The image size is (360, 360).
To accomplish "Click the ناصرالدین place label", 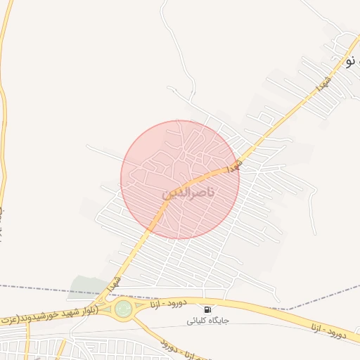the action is pos(188,192).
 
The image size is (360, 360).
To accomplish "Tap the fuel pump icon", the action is pos(207,309).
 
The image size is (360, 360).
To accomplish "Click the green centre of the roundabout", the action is pos(124,308).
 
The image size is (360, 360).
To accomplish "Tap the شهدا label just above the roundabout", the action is pos(113,285).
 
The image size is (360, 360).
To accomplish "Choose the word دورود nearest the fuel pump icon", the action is pos(176,303).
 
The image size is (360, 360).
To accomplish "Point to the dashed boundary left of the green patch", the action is pos(35,288).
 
